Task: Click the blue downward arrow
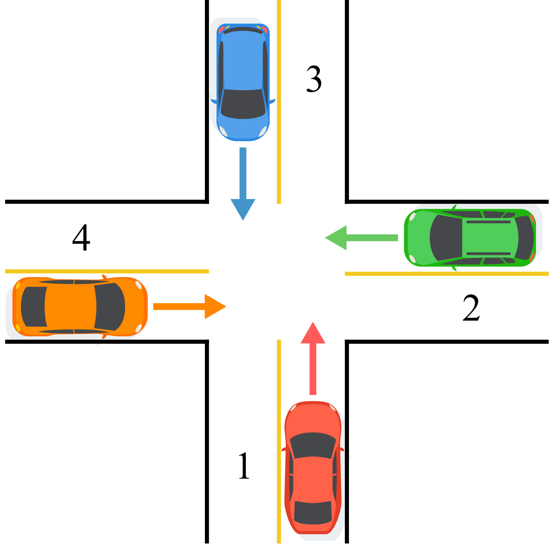[243, 183]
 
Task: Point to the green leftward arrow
[359, 238]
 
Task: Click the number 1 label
[244, 466]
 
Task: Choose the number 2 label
[471, 308]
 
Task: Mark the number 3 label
[313, 79]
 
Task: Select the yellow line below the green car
[446, 274]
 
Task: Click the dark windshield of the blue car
[243, 104]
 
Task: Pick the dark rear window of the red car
[313, 512]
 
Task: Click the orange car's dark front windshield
[110, 307]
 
